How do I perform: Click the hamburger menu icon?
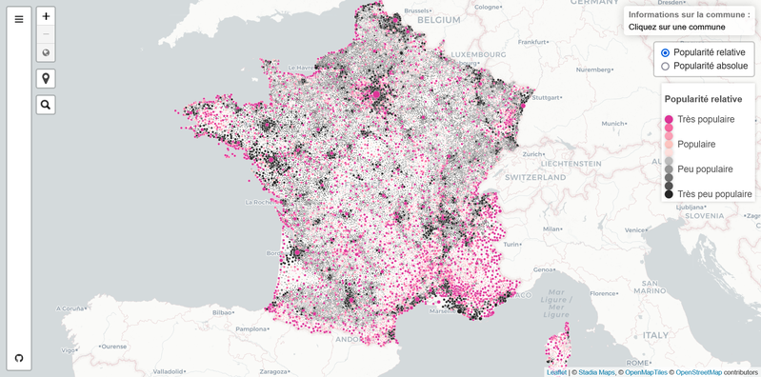tap(18, 19)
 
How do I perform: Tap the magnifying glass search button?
tap(46, 105)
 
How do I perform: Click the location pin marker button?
tap(46, 78)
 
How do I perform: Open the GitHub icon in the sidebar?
tap(18, 358)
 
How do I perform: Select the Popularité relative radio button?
tap(665, 52)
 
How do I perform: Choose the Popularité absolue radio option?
tap(665, 67)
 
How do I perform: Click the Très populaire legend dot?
tap(669, 119)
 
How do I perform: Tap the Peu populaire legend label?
tap(705, 169)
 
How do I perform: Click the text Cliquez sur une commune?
tap(669, 28)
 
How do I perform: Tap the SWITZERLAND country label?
tap(537, 178)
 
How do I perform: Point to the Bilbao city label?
tap(223, 311)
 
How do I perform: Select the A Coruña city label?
tap(70, 309)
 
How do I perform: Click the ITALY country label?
tap(654, 336)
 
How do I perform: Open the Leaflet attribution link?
tap(556, 372)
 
